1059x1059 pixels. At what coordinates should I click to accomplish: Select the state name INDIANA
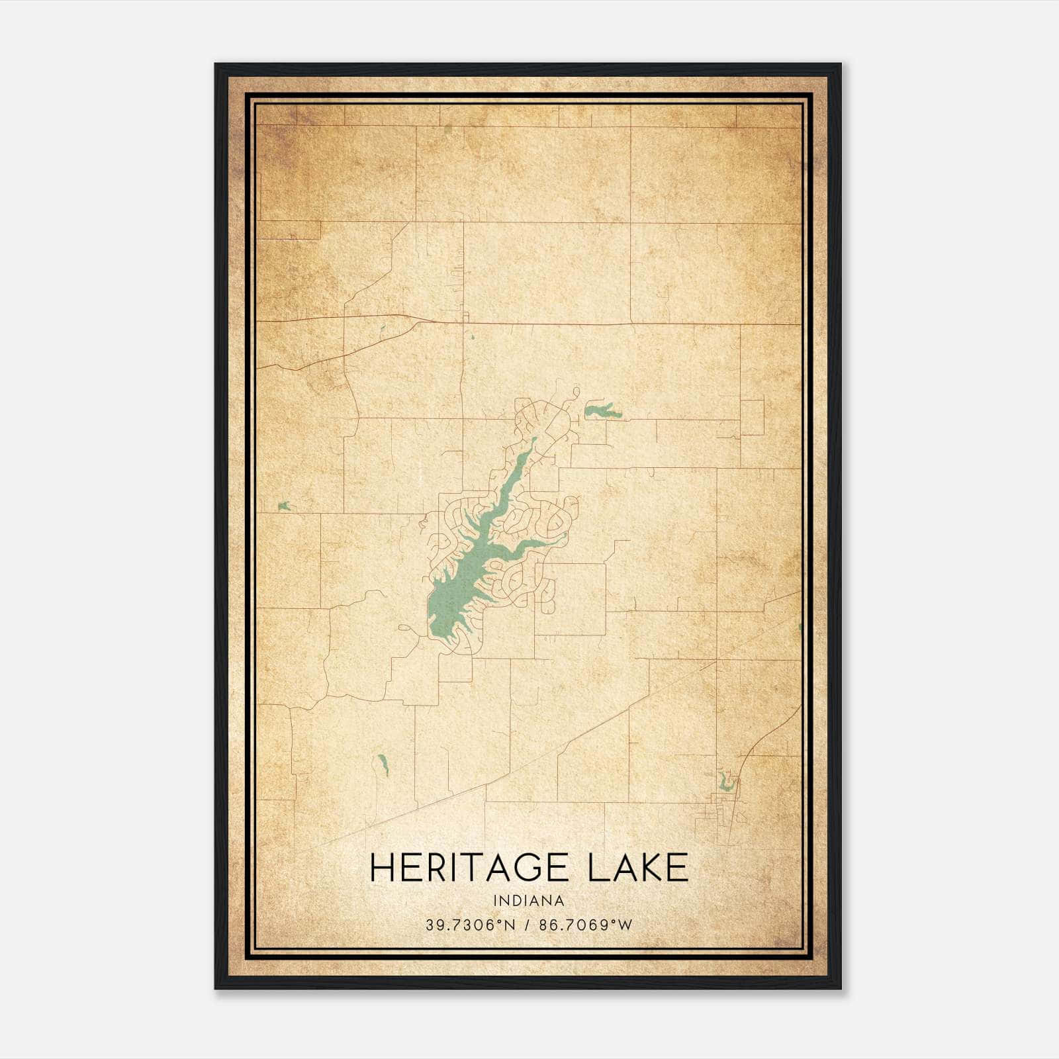point(529,901)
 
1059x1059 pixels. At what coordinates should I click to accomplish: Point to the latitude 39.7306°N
point(470,925)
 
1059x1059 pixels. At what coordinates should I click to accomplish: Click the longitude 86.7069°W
point(586,925)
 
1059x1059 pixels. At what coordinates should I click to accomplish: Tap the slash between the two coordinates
point(528,925)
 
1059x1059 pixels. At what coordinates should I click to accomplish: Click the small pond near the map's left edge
point(285,506)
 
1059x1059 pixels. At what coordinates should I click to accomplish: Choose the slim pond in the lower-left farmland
point(382,766)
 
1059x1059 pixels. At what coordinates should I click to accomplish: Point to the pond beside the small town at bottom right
point(727,784)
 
